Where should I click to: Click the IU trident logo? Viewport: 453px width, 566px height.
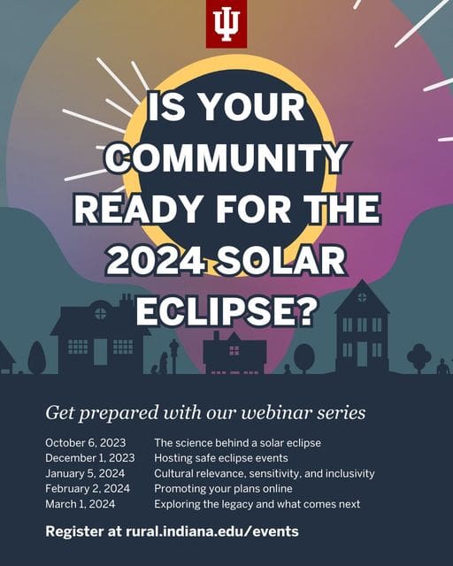(226, 24)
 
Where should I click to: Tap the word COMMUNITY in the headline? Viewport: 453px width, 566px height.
(226, 157)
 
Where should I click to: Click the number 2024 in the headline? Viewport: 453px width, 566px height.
(156, 261)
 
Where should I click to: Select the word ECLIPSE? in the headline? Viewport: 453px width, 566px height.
(226, 311)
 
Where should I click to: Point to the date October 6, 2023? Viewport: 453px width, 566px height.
(86, 442)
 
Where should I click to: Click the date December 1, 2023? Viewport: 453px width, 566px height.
(90, 458)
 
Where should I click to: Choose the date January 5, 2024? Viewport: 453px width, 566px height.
(85, 473)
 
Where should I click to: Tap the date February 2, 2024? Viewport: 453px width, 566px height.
(88, 488)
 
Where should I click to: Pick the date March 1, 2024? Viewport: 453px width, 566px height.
(81, 504)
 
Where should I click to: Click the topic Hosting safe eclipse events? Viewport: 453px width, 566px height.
(221, 458)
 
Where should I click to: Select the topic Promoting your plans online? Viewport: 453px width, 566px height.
(223, 488)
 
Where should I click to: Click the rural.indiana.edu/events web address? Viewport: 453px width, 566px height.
(212, 532)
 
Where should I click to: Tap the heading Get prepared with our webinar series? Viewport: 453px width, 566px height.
(205, 413)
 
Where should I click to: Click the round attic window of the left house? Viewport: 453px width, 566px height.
(101, 313)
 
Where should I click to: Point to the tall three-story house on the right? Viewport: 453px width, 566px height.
(362, 327)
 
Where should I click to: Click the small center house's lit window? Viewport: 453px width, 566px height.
(234, 350)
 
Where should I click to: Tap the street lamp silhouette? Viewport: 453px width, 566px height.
(174, 356)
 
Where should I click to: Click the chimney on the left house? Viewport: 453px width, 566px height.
(126, 302)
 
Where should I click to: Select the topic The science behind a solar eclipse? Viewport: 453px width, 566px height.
(238, 442)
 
